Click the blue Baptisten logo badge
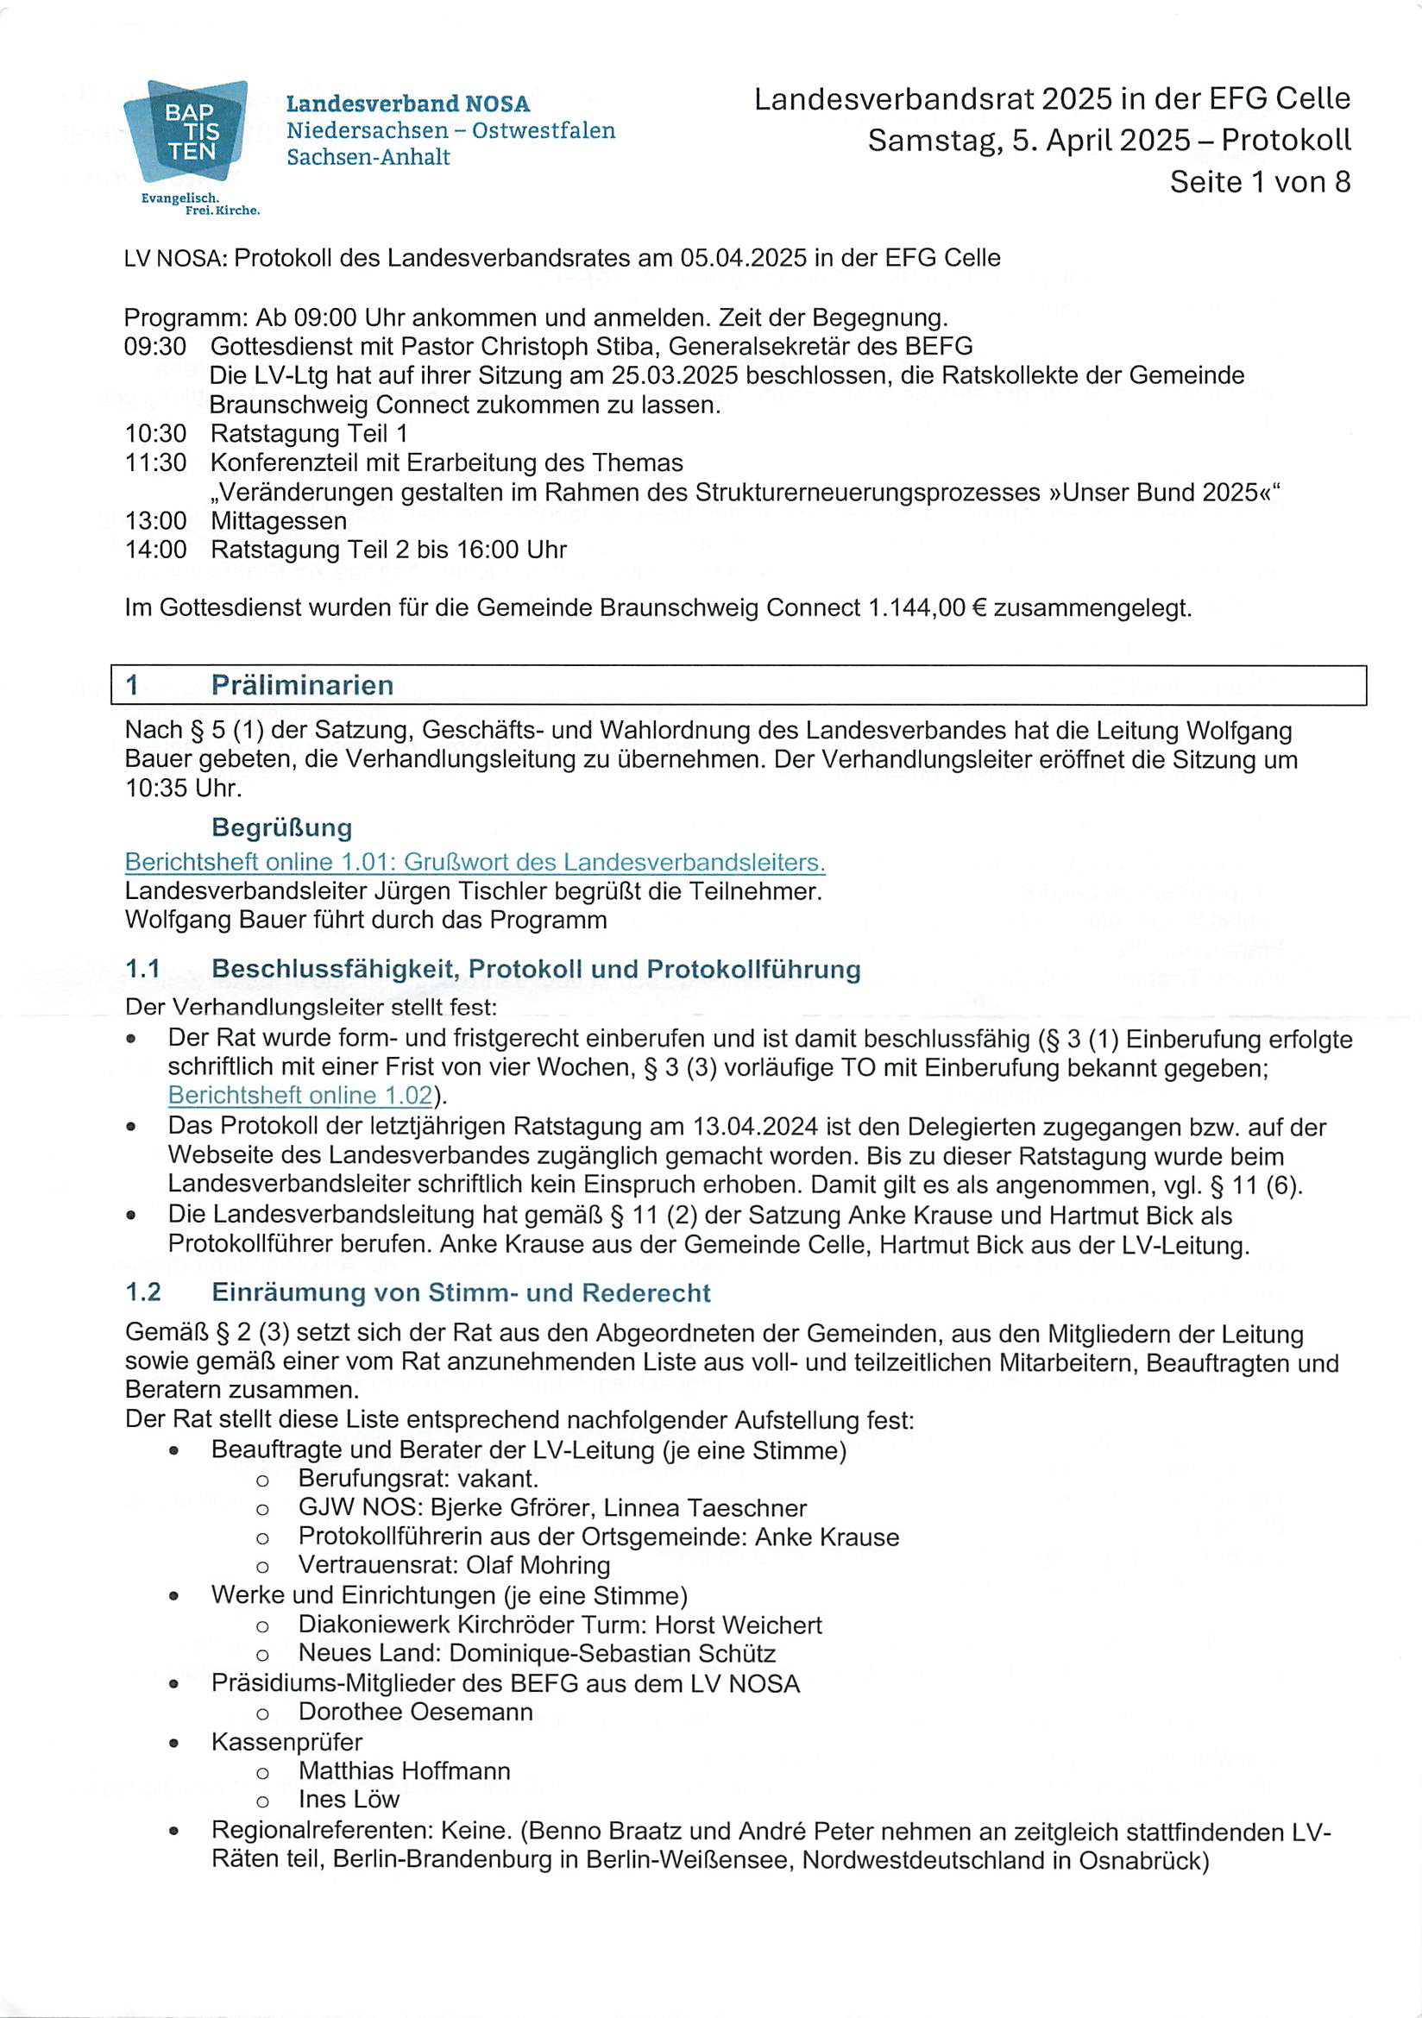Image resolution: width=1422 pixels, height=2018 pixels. click(x=186, y=131)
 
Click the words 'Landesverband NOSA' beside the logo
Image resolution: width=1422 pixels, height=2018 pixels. click(x=408, y=104)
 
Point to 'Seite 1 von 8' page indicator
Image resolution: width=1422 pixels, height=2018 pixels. click(x=1260, y=182)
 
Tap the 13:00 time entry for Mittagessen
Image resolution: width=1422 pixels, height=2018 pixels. click(x=155, y=521)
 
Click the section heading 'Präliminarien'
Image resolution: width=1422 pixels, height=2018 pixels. click(x=302, y=686)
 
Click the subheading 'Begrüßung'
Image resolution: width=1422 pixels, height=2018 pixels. click(x=281, y=828)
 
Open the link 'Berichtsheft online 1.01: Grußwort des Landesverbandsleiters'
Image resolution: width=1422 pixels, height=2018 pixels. click(x=475, y=862)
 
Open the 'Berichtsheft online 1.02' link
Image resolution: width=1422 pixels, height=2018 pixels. click(x=299, y=1096)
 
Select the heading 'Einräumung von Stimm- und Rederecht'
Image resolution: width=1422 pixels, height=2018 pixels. click(x=461, y=1293)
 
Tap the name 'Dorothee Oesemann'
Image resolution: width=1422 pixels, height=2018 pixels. click(x=416, y=1712)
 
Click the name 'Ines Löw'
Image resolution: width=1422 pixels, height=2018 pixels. click(x=349, y=1799)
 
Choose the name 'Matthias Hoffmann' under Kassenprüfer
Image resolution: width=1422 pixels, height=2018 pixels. click(x=405, y=1770)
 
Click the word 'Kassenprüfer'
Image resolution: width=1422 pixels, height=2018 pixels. click(x=286, y=1742)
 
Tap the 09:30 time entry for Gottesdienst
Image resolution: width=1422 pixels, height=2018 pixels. click(x=155, y=347)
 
